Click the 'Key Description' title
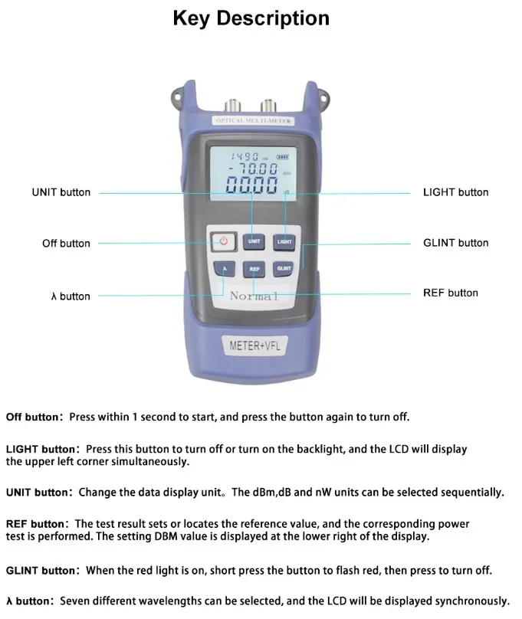251,18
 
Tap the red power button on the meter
223,241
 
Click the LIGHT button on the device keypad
284,241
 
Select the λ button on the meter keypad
225,269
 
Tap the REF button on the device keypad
254,269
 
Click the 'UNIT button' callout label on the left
61,192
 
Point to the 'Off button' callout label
66,244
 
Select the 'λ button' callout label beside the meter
70,296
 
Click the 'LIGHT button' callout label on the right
455,192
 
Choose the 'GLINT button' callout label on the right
455,243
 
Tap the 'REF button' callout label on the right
451,293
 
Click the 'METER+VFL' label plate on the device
255,346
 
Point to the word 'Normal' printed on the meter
254,296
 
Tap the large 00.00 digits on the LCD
251,185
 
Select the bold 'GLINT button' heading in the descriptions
41,571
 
